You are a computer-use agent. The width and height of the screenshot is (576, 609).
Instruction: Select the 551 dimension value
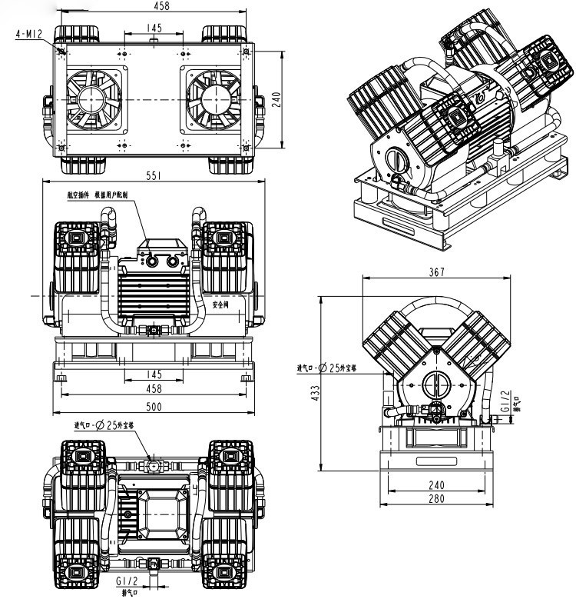[154, 176]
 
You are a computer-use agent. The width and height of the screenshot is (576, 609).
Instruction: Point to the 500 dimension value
[154, 407]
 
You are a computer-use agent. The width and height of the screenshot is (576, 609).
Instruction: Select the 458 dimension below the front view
[154, 389]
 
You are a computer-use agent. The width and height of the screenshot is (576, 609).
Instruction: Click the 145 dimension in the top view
[154, 28]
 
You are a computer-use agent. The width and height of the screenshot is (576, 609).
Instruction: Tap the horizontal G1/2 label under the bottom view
[127, 582]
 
